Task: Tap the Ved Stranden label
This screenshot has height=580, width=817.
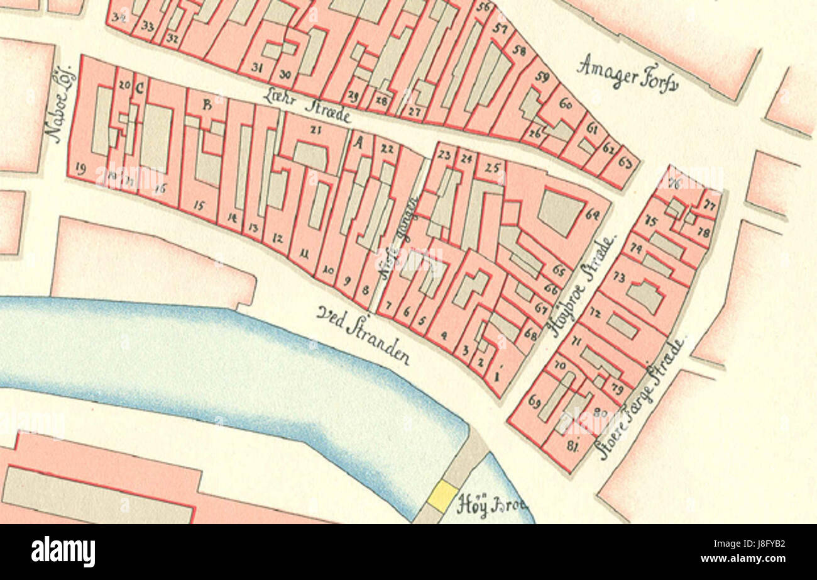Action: point(364,335)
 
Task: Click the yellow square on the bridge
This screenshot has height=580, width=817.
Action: point(442,496)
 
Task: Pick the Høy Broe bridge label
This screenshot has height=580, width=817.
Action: point(491,505)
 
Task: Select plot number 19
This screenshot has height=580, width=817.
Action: point(80,167)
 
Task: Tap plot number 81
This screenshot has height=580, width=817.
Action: point(572,446)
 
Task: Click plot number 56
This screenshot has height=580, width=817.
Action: point(483,8)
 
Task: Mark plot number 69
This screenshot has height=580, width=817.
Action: point(535,401)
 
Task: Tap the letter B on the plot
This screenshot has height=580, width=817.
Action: point(206,105)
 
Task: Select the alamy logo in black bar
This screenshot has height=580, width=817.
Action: point(63,552)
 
